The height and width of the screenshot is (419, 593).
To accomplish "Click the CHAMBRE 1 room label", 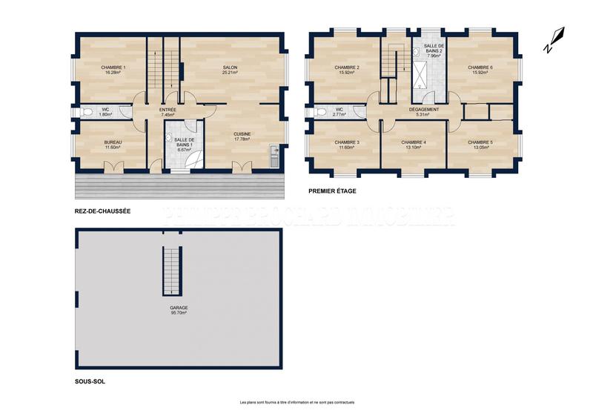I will coord(113,70).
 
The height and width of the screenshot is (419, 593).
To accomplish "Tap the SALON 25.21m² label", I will coord(230,70).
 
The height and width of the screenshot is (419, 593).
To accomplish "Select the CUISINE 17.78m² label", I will coord(242,136).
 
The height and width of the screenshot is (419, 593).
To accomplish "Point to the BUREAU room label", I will coord(113,144).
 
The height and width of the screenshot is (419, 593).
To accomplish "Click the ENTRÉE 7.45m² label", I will coord(168,113).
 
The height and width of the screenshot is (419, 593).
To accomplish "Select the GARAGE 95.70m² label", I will coord(178,310).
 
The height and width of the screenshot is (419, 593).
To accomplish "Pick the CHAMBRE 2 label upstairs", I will coord(347,70).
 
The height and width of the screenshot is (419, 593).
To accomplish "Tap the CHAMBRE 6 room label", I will coord(480,70).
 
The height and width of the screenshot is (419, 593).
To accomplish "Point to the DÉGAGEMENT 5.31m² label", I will coord(424,112).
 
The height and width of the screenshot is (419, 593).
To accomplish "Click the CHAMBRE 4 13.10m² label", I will coord(413,145).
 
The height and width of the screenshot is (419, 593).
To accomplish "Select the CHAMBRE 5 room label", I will coord(480,145).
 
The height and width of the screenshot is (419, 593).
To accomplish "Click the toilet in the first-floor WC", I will coord(320,113).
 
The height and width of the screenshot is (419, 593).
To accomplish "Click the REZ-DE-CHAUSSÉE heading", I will coord(102,211).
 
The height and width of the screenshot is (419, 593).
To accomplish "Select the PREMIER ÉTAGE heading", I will coord(333,191).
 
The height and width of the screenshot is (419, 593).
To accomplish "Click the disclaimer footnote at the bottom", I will coord(296,403).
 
